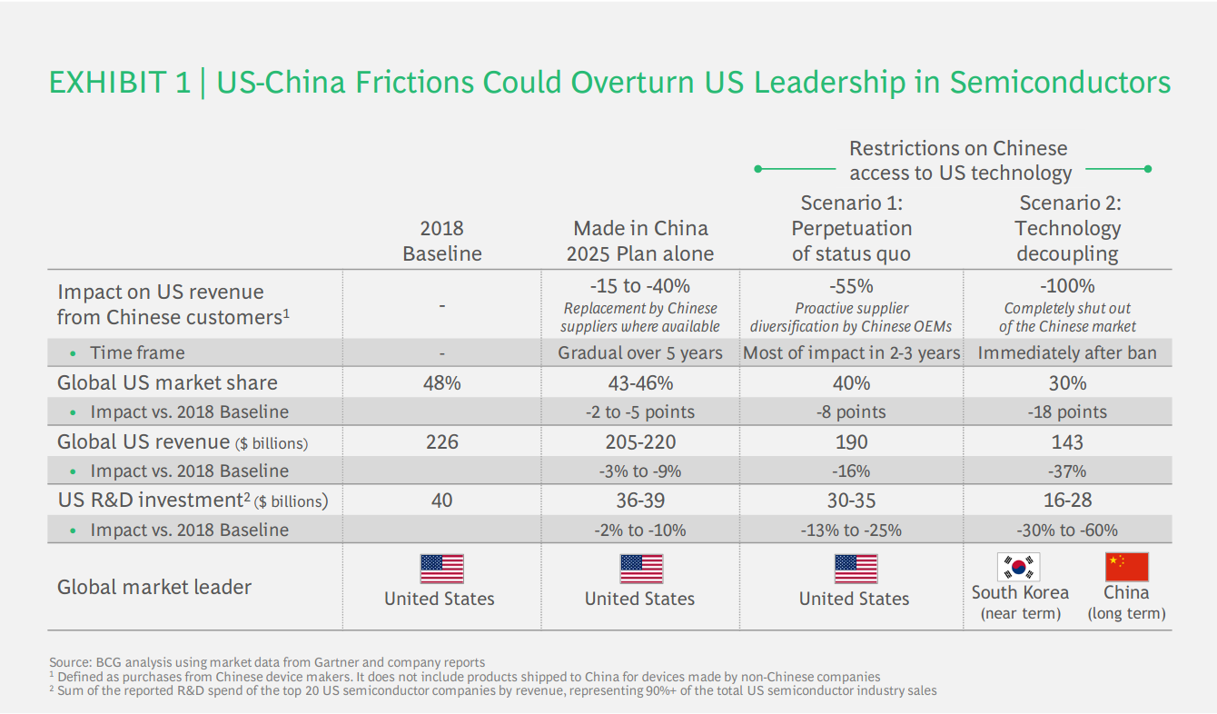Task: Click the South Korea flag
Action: (x=1019, y=568)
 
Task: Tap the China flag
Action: (x=1126, y=568)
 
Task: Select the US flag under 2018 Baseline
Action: (x=441, y=569)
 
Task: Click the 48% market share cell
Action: (x=441, y=382)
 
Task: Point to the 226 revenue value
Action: (x=441, y=442)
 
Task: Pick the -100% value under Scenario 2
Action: (x=1067, y=286)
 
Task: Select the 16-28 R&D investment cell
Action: (x=1067, y=501)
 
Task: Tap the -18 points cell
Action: (x=1067, y=412)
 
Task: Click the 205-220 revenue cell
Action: (x=639, y=442)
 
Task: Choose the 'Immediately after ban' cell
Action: (x=1067, y=352)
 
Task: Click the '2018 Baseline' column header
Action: (x=441, y=241)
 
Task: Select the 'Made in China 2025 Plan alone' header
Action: (x=639, y=241)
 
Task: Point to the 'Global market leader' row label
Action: (x=154, y=587)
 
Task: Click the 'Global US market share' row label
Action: (x=167, y=382)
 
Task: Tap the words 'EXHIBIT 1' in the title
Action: (x=119, y=83)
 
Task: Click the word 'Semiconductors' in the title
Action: (x=1060, y=83)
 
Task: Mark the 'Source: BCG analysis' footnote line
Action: (x=267, y=662)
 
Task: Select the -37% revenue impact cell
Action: (x=1067, y=471)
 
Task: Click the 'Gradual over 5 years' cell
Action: (x=639, y=352)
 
